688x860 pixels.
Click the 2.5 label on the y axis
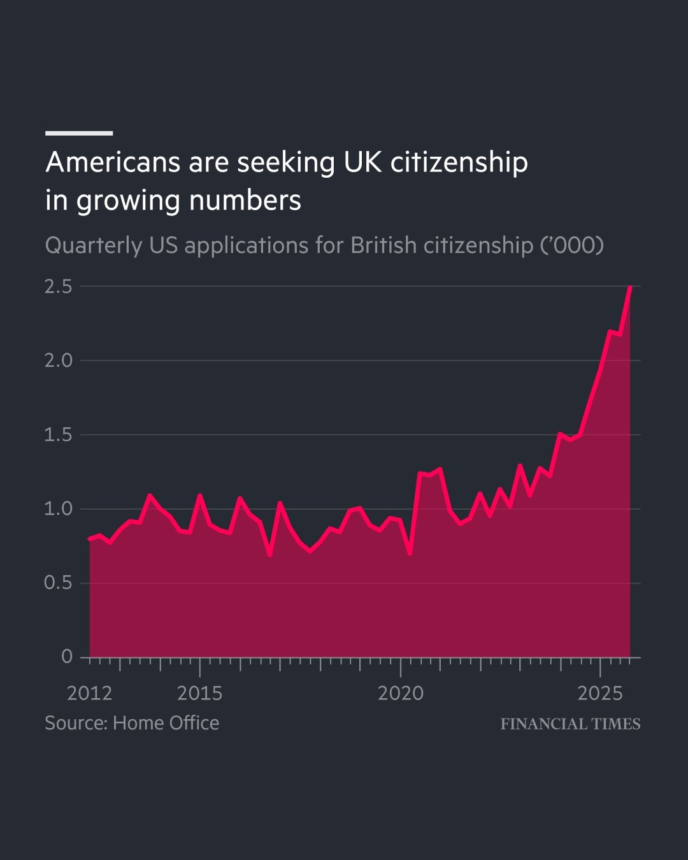click(58, 287)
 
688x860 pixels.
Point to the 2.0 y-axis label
click(58, 361)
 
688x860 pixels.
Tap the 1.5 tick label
click(58, 435)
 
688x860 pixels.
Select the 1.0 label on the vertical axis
click(58, 509)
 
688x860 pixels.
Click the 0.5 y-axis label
click(58, 583)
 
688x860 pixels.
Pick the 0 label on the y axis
click(67, 657)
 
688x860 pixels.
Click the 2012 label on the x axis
click(89, 693)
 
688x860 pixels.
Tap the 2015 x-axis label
click(199, 693)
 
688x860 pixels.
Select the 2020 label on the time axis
click(400, 693)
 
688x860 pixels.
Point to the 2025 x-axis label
click(599, 693)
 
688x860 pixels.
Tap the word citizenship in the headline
click(459, 162)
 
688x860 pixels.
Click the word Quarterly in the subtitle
click(94, 245)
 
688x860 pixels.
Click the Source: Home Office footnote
click(132, 723)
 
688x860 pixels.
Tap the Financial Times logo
click(570, 724)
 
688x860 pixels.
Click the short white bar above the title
click(79, 133)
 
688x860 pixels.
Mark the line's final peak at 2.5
click(630, 287)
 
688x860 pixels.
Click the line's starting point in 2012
click(90, 539)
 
